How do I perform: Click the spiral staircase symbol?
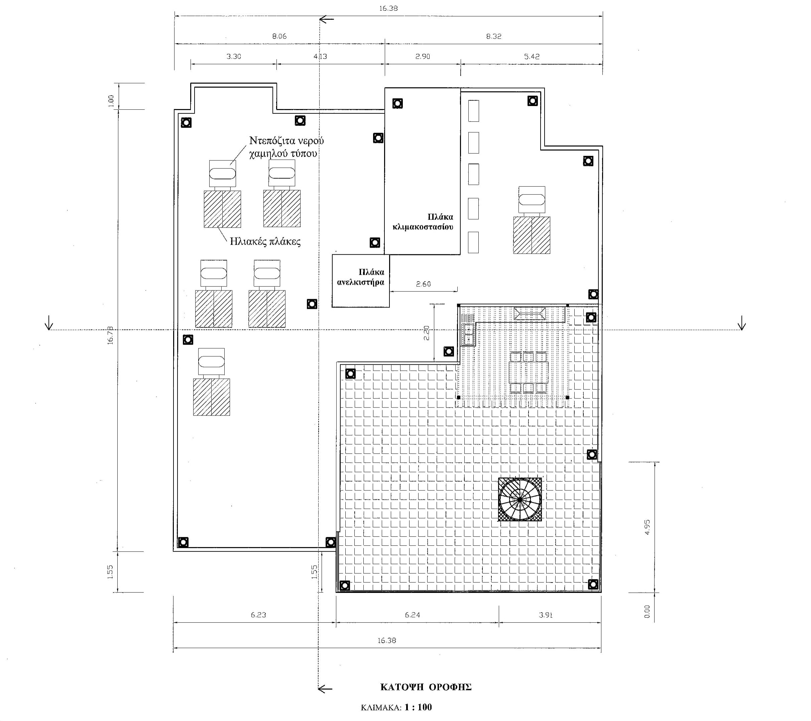point(519,500)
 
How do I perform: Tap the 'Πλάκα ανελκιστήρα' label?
point(361,277)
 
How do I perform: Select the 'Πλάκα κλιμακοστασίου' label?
point(423,222)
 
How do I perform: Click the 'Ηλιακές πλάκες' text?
point(265,242)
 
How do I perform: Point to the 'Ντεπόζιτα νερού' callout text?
point(286,141)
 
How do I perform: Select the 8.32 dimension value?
point(493,36)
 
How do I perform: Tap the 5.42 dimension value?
point(532,57)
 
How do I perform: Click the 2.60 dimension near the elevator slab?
point(423,284)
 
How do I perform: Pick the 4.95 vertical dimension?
point(647,527)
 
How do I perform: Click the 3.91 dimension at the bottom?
point(546,615)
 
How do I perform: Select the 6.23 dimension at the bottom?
point(258,615)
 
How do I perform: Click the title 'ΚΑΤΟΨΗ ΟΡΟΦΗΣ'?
point(426,687)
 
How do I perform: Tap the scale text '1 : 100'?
point(418,707)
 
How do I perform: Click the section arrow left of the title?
point(325,689)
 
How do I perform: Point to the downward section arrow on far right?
point(741,325)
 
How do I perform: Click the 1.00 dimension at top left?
point(111,100)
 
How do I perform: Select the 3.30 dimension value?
point(234,57)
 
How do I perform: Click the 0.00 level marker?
point(647,611)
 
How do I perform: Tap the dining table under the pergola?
point(528,372)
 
